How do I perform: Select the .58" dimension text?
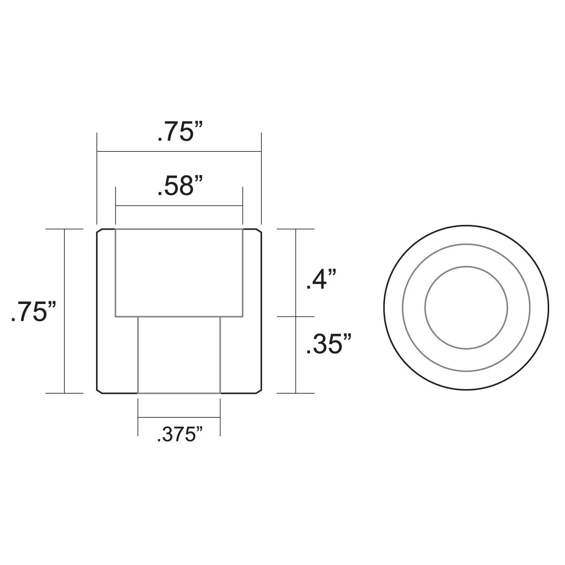[x=180, y=186]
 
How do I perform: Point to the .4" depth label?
[x=321, y=280]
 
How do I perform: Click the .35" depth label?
[x=328, y=344]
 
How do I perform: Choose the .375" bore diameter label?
[x=180, y=435]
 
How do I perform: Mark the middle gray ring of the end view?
[x=466, y=245]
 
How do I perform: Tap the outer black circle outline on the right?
[x=466, y=226]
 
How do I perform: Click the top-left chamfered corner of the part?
[x=99, y=231]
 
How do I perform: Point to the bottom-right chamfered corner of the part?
[x=259, y=391]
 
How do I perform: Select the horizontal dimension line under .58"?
[x=179, y=206]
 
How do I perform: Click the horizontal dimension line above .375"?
[x=179, y=417]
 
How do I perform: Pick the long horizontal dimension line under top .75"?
[x=179, y=151]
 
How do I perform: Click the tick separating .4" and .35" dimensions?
[x=296, y=317]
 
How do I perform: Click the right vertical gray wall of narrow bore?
[x=220, y=354]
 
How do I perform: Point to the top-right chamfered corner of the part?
[x=259, y=231]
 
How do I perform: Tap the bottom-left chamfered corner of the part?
[x=99, y=391]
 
